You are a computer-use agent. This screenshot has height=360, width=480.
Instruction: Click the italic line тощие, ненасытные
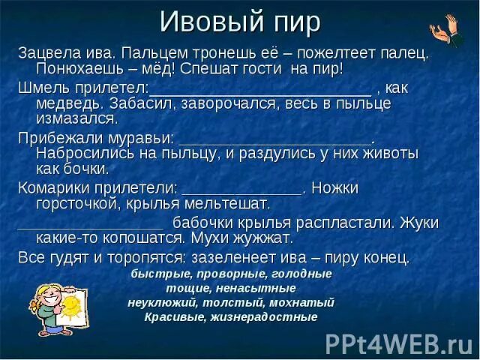[x=231, y=288]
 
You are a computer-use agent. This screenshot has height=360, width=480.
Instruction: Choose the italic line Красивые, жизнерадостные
[x=231, y=316]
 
